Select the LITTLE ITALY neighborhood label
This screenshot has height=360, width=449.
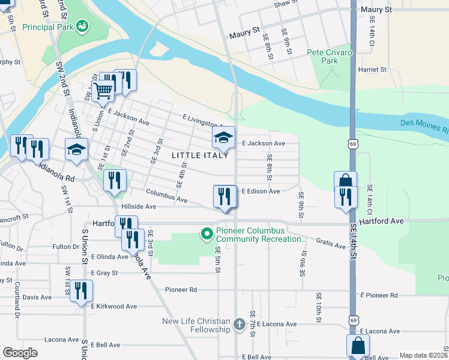pos(200,155)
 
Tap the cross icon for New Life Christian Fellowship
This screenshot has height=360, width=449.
pos(239,325)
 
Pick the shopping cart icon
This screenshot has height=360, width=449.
pos(103,91)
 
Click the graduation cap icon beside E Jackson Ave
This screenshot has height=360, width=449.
pos(224,138)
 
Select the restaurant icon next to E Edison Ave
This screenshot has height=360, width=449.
pos(224,196)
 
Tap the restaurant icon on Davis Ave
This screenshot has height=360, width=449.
pos(81,291)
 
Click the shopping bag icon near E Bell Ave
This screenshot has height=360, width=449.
pos(358,346)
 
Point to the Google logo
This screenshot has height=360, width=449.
pos(20,353)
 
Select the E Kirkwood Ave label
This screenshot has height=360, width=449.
pos(114,306)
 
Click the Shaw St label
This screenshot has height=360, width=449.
pos(285,4)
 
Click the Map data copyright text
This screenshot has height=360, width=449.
pos(423,355)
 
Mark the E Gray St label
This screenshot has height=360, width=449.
pos(104,272)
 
